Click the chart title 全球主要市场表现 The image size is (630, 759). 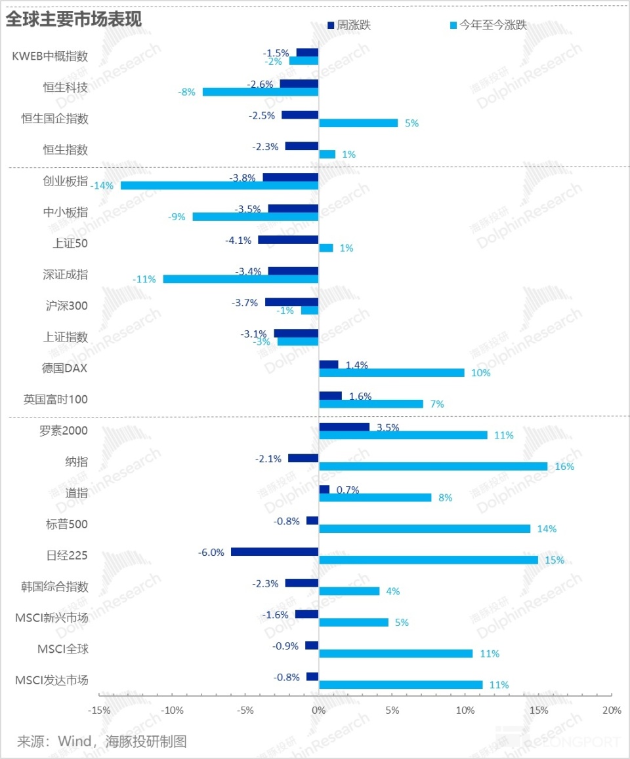pyautogui.click(x=73, y=20)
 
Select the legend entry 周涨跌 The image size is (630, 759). pyautogui.click(x=349, y=25)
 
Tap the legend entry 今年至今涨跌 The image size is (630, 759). pyautogui.click(x=488, y=25)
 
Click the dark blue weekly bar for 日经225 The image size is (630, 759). pyautogui.click(x=275, y=552)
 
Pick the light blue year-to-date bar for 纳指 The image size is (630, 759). pyautogui.click(x=433, y=466)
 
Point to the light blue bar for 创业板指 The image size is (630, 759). pyautogui.click(x=220, y=185)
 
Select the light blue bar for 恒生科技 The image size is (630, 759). pyautogui.click(x=261, y=92)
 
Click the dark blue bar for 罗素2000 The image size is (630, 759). pyautogui.click(x=344, y=427)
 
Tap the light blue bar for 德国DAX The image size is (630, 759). pyautogui.click(x=392, y=373)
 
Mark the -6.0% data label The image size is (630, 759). pyautogui.click(x=211, y=553)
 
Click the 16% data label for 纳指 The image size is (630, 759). pyautogui.click(x=564, y=467)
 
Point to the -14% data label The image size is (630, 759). pyautogui.click(x=102, y=186)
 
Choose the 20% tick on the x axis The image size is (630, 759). pyautogui.click(x=612, y=710)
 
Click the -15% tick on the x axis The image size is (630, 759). pyautogui.click(x=99, y=710)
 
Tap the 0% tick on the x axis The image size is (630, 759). pyautogui.click(x=319, y=710)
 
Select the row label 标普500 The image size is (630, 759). pyautogui.click(x=67, y=524)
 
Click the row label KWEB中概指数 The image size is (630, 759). pyautogui.click(x=50, y=56)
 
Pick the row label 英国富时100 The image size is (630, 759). pyautogui.click(x=56, y=399)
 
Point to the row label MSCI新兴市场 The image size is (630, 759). pyautogui.click(x=52, y=617)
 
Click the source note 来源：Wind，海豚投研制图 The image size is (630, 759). pyautogui.click(x=102, y=741)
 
